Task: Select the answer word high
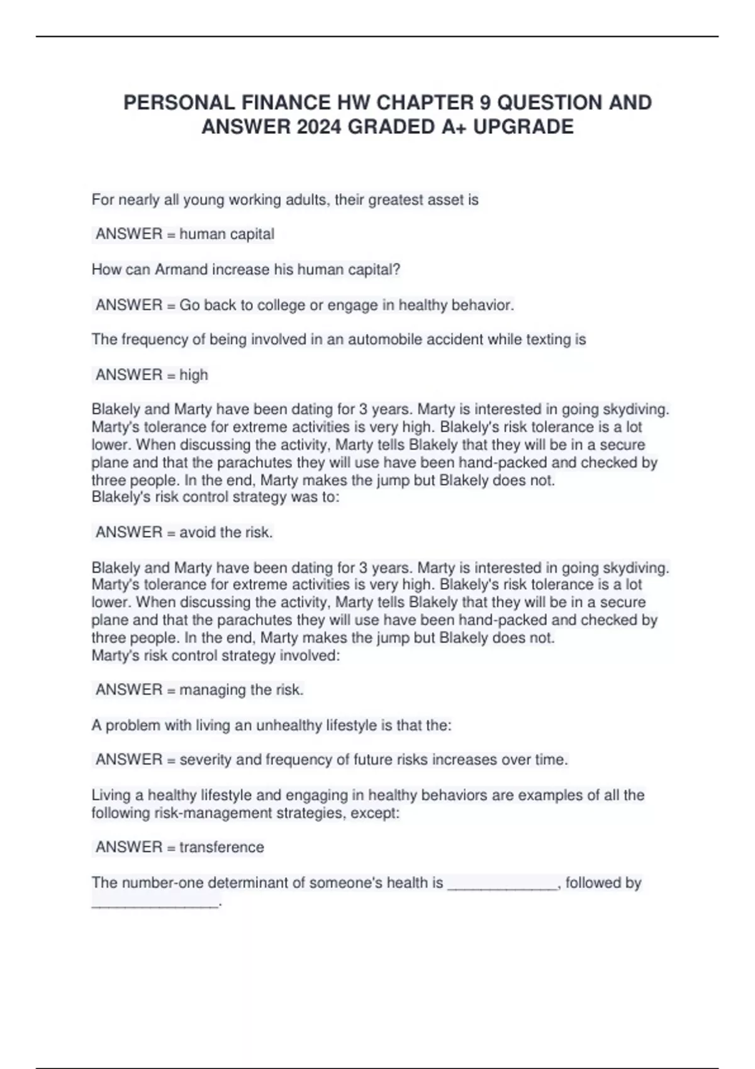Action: (194, 375)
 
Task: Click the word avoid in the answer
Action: (198, 533)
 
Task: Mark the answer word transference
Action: (221, 847)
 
